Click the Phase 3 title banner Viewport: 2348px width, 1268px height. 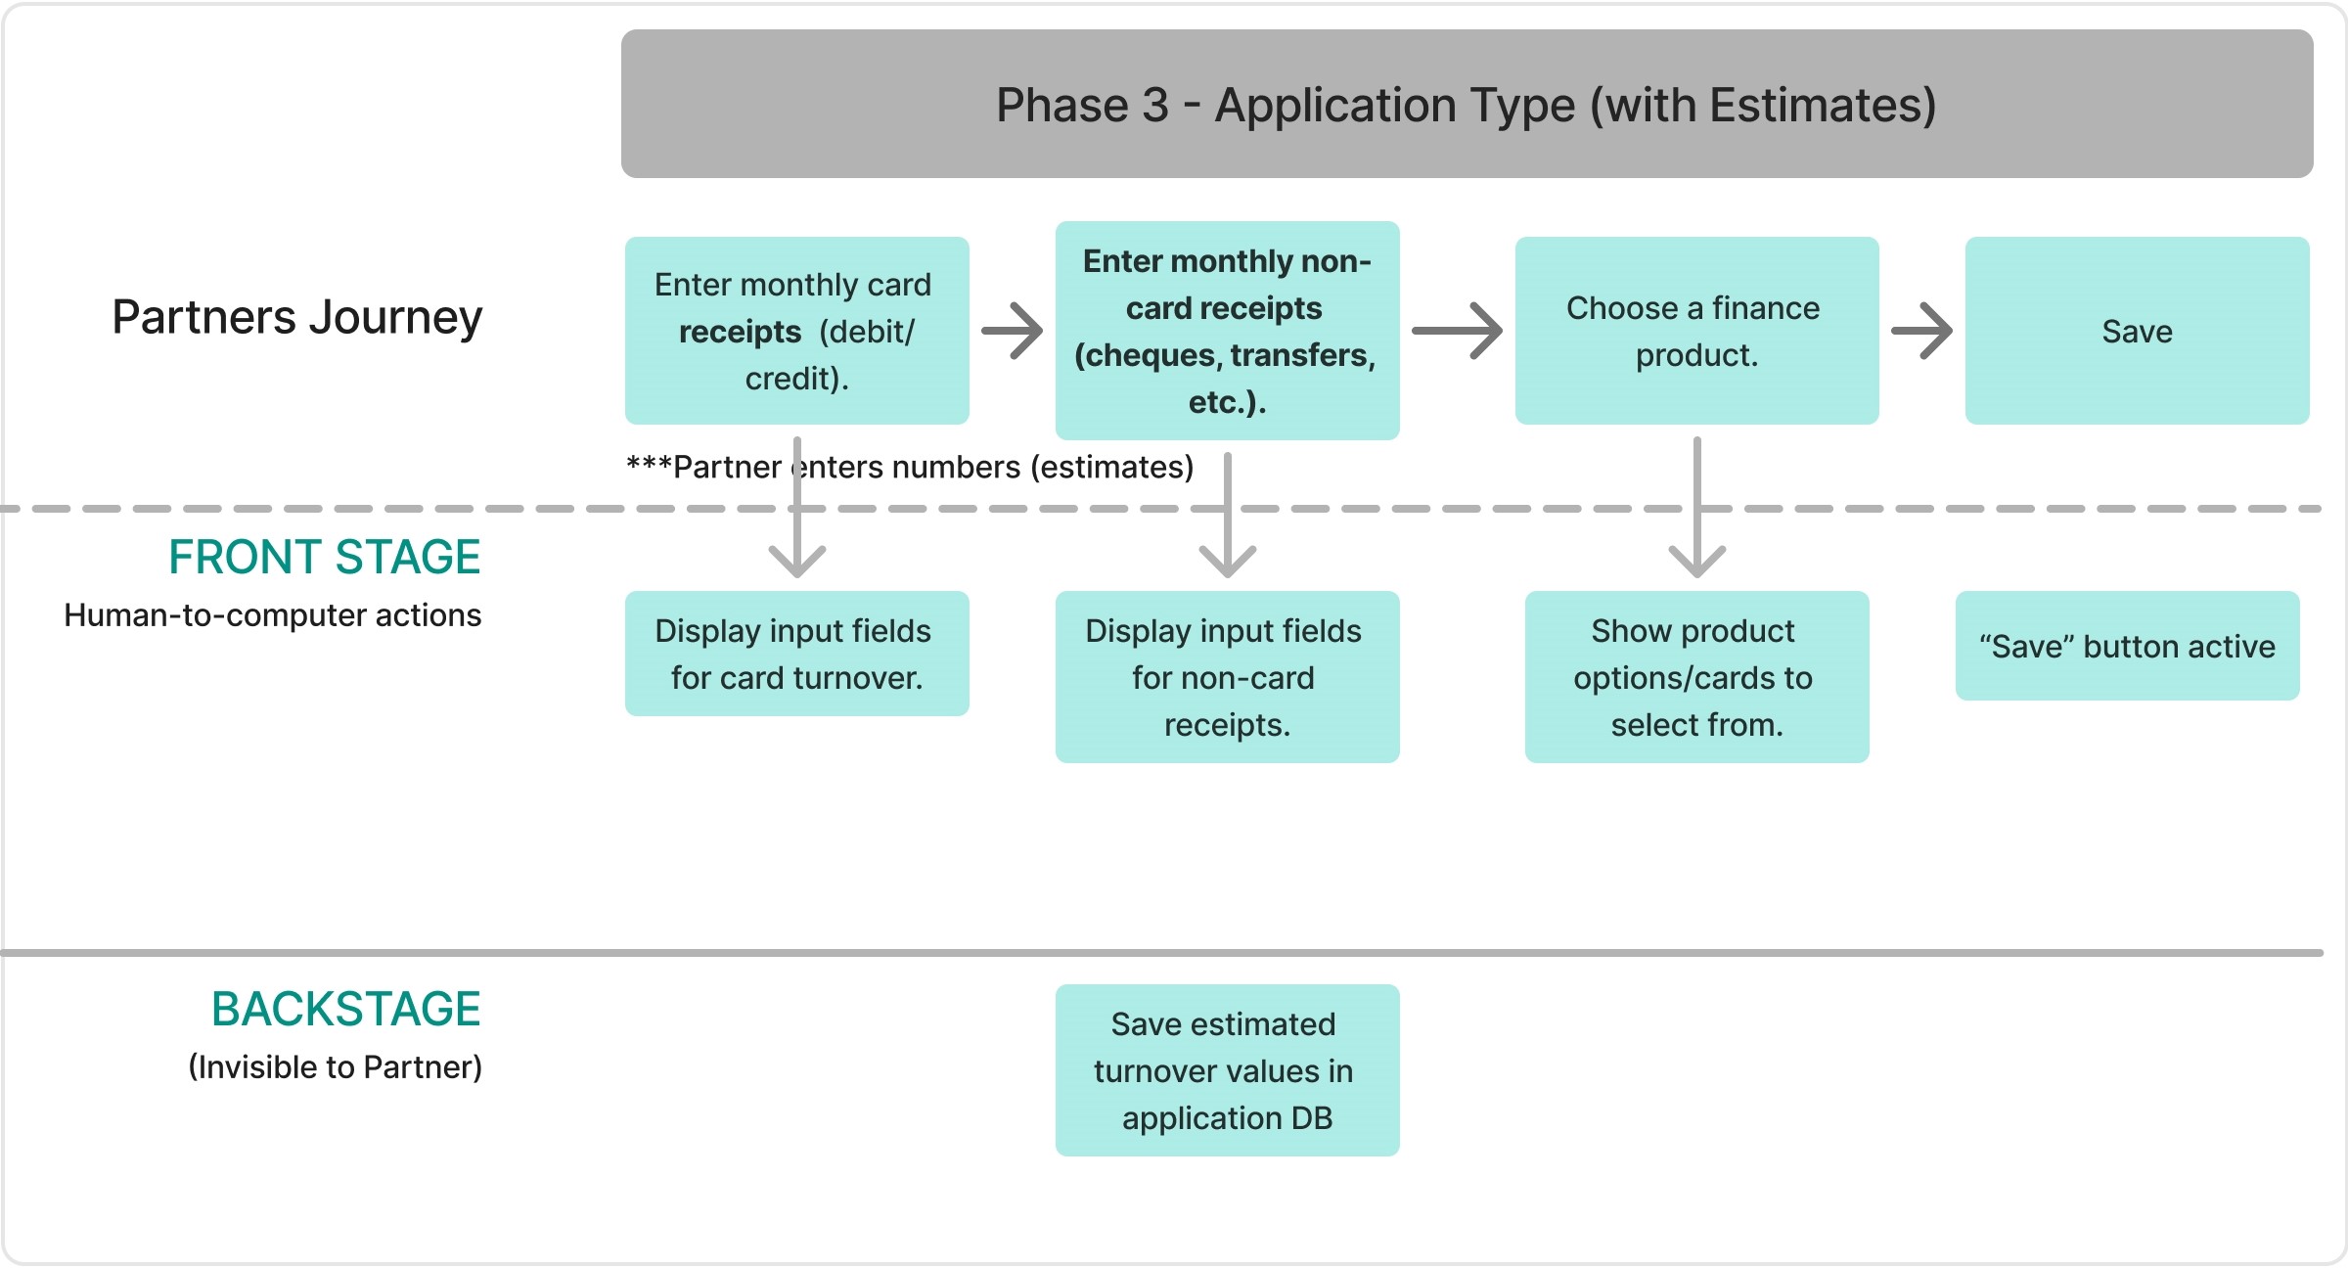click(x=1466, y=105)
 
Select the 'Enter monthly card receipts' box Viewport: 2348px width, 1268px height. click(x=796, y=331)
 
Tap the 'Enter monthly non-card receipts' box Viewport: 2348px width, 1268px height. click(x=1227, y=331)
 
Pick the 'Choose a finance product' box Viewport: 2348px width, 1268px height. click(x=1695, y=331)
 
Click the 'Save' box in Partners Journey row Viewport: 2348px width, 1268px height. click(x=2137, y=331)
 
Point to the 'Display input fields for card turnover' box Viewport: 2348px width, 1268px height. click(x=796, y=654)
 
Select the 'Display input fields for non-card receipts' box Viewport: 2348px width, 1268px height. click(x=1227, y=677)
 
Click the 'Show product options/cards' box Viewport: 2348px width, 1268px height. click(x=1695, y=677)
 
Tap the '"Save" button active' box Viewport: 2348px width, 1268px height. click(x=2127, y=646)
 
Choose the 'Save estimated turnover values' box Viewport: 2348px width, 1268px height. click(x=1227, y=1070)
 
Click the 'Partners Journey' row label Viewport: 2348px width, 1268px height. click(x=296, y=317)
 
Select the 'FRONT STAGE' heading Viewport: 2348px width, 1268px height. click(x=324, y=557)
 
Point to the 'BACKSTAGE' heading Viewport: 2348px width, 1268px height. click(x=345, y=1009)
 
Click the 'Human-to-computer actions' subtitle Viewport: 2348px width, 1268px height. click(x=272, y=615)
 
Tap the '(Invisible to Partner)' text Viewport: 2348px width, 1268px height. click(x=335, y=1066)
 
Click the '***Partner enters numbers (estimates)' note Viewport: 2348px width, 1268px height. click(x=910, y=468)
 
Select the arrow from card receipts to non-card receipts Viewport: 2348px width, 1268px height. click(x=1012, y=331)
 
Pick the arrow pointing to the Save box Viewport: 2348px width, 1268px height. click(x=1921, y=331)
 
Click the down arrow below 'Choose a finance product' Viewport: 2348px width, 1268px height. click(x=1696, y=509)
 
